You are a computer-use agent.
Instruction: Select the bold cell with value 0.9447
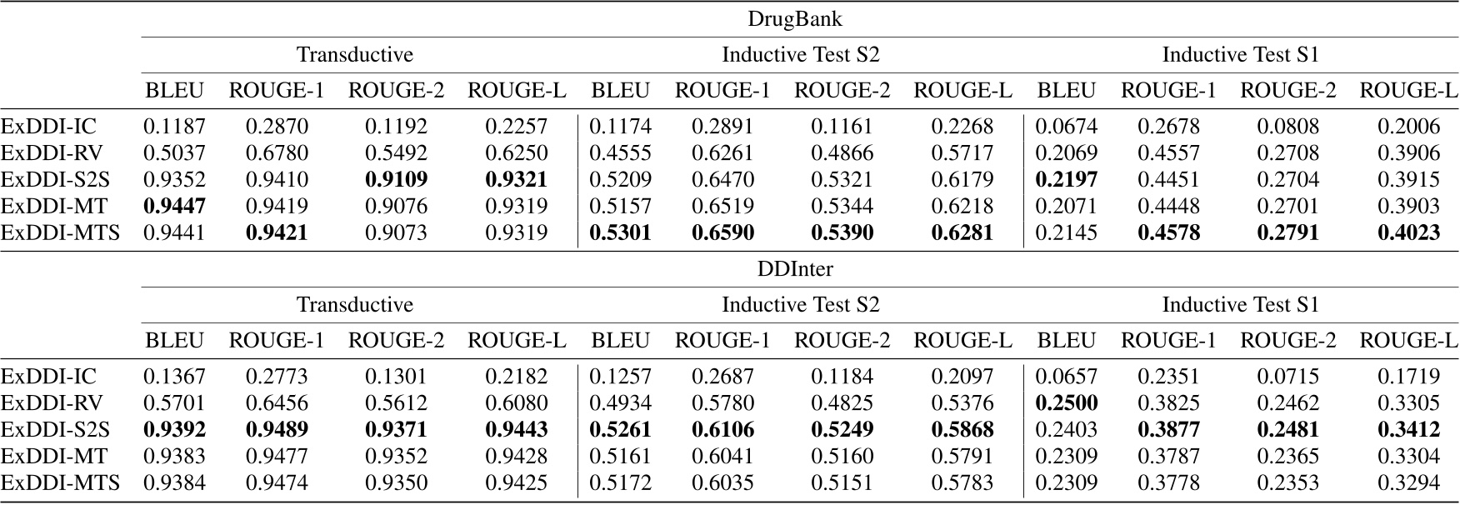click(175, 206)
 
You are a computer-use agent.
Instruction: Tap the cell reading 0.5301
click(620, 232)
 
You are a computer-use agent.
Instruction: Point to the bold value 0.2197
click(1066, 179)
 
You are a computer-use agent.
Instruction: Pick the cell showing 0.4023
click(1408, 232)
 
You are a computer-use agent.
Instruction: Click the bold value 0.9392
click(175, 429)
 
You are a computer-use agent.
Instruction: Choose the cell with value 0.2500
click(1066, 402)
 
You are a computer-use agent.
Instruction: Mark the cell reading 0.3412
click(1408, 429)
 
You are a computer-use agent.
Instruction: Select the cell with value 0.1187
click(175, 126)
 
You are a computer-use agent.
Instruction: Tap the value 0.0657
click(1066, 376)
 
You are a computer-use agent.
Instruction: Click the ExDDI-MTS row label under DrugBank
click(60, 232)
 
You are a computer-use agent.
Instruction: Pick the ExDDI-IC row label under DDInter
click(48, 376)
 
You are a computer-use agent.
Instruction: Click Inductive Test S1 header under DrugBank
click(1240, 55)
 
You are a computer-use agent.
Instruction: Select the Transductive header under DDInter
click(355, 305)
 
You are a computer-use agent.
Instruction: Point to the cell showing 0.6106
click(722, 429)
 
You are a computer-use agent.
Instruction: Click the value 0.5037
click(175, 152)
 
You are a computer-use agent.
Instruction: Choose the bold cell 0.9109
click(396, 179)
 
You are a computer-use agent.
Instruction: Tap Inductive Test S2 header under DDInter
click(800, 305)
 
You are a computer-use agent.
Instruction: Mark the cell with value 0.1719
click(1408, 376)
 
